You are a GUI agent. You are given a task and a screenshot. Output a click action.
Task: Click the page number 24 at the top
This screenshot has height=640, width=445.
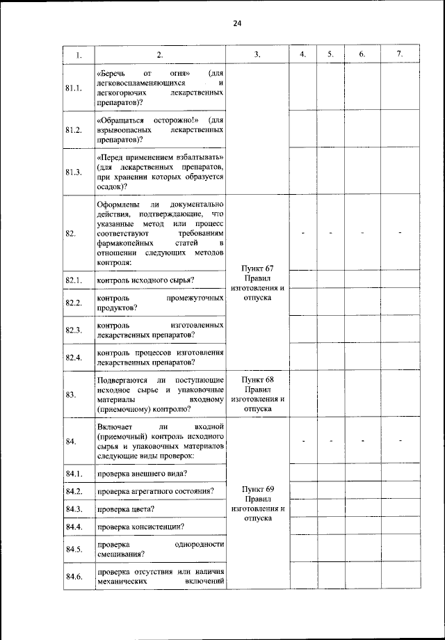point(236,23)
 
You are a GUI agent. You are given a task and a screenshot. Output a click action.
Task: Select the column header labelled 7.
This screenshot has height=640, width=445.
point(399,54)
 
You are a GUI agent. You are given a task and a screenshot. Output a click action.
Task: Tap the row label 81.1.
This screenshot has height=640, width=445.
point(74,88)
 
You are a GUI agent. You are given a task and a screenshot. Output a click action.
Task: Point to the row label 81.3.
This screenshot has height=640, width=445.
point(74,172)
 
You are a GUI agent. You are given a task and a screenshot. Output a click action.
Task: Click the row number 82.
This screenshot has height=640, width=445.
point(71,233)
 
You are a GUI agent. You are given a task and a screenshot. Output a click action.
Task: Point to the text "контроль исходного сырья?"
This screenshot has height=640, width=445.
point(145,281)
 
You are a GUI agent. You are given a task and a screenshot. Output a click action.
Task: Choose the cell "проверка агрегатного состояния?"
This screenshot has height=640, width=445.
point(155,491)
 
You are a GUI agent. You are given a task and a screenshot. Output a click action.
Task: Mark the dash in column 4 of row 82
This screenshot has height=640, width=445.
point(304,233)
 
